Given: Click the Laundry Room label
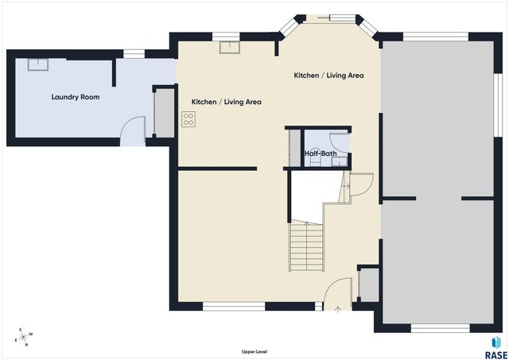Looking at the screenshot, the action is coord(76,97).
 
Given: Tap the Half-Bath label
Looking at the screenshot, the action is coord(321,153).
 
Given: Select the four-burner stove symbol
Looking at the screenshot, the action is coord(188,119).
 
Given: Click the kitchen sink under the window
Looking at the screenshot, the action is coord(230,48).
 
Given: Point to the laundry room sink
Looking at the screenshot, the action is coord(38,64).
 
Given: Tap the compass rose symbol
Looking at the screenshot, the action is coord(23,337).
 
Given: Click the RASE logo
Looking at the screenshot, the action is coord(496,347).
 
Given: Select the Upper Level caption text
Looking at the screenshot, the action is coord(254,351).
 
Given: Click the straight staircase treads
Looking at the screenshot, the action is coord(307,246).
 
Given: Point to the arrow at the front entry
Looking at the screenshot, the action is coord(337,309).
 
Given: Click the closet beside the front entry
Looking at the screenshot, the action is coord(369,285).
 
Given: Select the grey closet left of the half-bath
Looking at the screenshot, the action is coord(295,149).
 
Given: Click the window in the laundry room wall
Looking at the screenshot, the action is coord(134,54).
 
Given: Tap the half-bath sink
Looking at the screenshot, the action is coord(340,161).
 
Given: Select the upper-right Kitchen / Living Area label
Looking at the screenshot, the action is coord(328,75).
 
